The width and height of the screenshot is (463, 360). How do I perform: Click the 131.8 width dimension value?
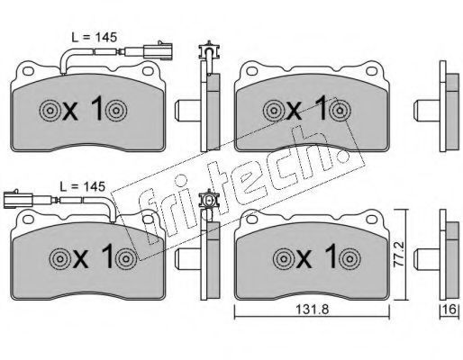[313, 310]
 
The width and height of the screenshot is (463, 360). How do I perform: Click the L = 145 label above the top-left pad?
[94, 37]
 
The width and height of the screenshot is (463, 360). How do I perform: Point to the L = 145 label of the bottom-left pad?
[82, 186]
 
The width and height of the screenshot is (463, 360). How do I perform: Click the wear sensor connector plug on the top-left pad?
[158, 50]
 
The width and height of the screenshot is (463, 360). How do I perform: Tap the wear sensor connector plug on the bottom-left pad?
[18, 199]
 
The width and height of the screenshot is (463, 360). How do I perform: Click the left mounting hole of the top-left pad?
[28, 71]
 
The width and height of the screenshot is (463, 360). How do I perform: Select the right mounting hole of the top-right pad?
[371, 71]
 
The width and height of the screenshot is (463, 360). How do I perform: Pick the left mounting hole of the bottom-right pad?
[251, 220]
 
